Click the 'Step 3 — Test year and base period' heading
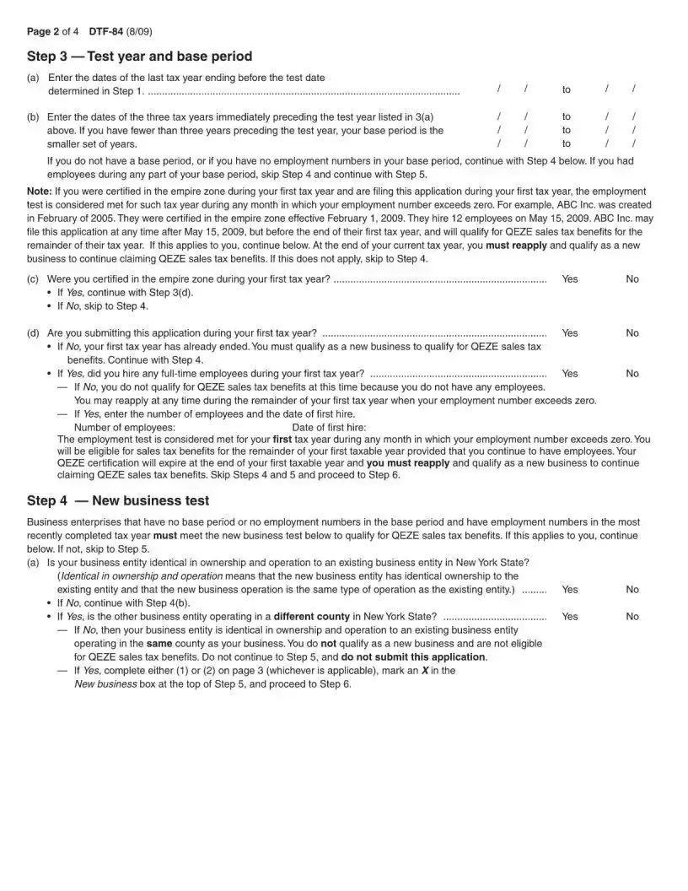click(x=139, y=57)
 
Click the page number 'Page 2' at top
click(x=46, y=32)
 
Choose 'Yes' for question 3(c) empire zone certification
click(x=570, y=279)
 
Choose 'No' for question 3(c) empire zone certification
click(x=632, y=279)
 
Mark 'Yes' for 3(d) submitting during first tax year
click(x=570, y=333)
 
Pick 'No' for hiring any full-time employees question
click(x=632, y=373)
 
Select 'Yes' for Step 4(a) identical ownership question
click(x=570, y=590)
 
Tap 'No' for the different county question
click(x=632, y=617)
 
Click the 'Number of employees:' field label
click(x=125, y=428)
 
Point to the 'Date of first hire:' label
click(x=329, y=428)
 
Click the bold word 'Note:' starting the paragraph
click(x=40, y=192)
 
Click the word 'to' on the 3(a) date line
click(x=567, y=89)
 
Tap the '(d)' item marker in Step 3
click(x=34, y=333)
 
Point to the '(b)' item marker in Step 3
click(x=34, y=117)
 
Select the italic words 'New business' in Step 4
click(x=105, y=684)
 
